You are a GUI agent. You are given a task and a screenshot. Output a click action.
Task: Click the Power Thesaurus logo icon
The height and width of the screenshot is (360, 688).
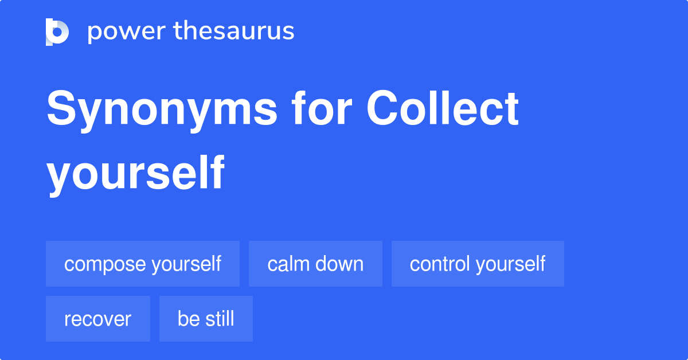pyautogui.click(x=57, y=32)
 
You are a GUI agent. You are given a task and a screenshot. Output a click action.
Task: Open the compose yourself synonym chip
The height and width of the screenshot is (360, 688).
pyautogui.click(x=143, y=264)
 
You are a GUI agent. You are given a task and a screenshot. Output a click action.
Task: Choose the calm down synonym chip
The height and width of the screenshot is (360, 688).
pyautogui.click(x=315, y=264)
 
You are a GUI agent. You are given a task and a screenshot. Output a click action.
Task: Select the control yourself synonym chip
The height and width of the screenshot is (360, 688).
pyautogui.click(x=478, y=264)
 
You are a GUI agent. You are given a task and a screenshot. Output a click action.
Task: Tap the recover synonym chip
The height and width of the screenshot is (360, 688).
pyautogui.click(x=98, y=319)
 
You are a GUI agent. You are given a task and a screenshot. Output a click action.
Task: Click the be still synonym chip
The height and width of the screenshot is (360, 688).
pyautogui.click(x=206, y=319)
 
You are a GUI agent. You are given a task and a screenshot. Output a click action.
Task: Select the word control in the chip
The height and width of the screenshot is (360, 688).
pyautogui.click(x=440, y=264)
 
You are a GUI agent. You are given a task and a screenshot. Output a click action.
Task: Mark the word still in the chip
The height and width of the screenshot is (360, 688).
pyautogui.click(x=218, y=319)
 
